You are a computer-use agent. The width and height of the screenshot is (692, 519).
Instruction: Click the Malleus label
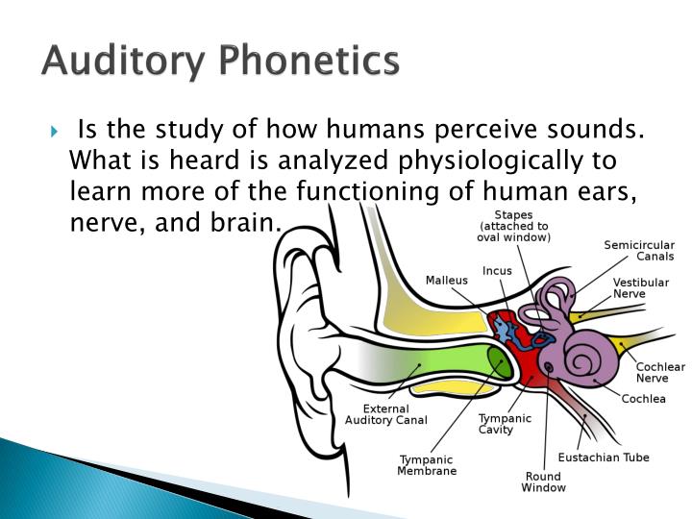[446, 281]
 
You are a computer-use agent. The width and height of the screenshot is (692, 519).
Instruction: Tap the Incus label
[497, 271]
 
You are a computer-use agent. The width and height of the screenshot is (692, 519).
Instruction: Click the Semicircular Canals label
[638, 251]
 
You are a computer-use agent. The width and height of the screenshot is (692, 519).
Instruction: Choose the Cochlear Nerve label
[660, 372]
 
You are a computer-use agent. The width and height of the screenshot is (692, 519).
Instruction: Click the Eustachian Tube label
[603, 457]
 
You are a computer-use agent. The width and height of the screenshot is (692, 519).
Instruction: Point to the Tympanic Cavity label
[505, 424]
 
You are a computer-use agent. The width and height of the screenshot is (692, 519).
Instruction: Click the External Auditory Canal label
[385, 414]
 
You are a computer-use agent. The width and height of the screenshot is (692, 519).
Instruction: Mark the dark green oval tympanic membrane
[499, 363]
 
